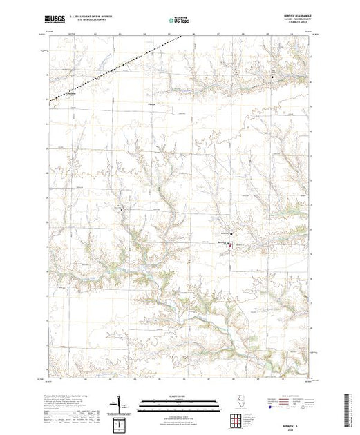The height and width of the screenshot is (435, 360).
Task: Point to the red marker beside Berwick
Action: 231,241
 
